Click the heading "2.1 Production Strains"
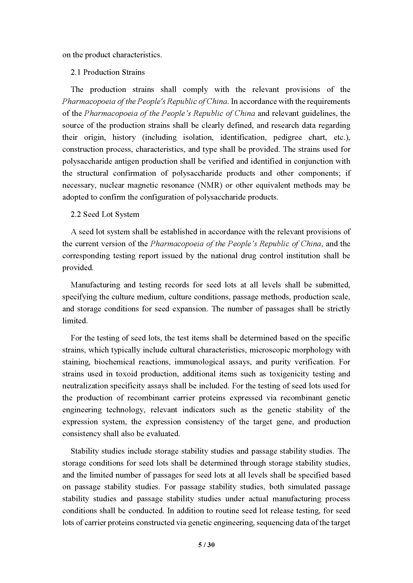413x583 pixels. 108,72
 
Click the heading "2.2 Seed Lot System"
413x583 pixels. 105,214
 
